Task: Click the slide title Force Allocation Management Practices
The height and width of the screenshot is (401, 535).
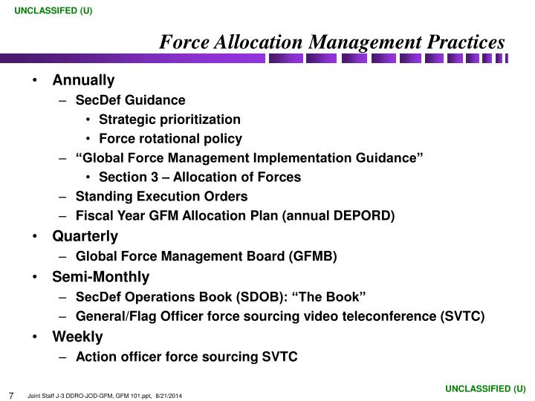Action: tap(332, 42)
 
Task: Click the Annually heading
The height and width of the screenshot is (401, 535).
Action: tap(83, 80)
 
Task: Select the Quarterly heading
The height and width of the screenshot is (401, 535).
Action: tap(85, 237)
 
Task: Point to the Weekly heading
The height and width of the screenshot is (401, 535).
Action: tap(77, 337)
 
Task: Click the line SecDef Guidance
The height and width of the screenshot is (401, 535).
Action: tap(131, 100)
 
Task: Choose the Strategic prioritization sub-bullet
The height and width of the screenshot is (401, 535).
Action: tap(169, 120)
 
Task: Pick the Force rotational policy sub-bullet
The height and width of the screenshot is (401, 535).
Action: tap(170, 139)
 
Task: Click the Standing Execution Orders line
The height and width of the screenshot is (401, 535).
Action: tap(161, 197)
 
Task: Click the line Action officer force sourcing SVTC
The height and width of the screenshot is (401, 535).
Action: tap(187, 357)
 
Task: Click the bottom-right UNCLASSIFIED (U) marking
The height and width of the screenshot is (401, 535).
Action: tap(485, 388)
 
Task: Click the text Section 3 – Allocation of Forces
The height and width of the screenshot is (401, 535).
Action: tap(199, 177)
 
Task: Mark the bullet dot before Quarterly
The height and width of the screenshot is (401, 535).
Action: tap(36, 237)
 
